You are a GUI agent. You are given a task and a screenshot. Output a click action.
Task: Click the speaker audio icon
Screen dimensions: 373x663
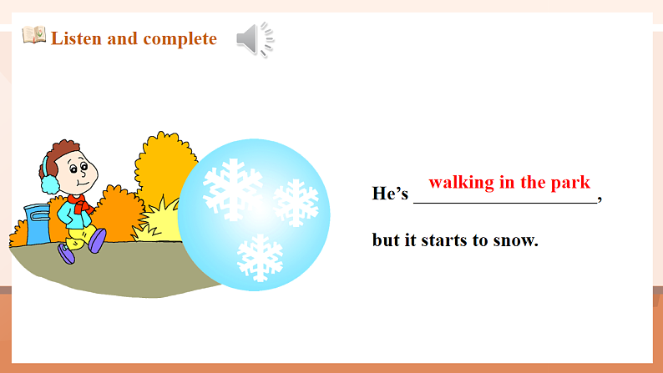(254, 38)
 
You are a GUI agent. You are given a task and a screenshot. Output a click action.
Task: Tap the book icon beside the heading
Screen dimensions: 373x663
(33, 36)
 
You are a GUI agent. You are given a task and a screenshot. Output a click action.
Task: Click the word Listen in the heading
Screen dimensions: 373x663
(77, 38)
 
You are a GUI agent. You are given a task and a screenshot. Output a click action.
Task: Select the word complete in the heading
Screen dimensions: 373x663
(180, 39)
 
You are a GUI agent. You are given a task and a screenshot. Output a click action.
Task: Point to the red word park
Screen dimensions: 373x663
(571, 182)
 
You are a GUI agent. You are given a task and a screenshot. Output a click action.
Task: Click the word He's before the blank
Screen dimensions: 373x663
(390, 194)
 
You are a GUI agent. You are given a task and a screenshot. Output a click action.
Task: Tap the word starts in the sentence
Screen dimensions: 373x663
(462, 240)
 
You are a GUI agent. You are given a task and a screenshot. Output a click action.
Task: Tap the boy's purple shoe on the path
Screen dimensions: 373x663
(98, 239)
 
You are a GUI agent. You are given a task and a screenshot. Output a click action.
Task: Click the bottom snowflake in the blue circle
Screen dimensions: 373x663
(260, 257)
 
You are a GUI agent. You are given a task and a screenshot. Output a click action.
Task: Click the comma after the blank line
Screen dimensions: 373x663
(600, 197)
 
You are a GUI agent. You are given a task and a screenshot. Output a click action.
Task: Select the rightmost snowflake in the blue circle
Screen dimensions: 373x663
(296, 202)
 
